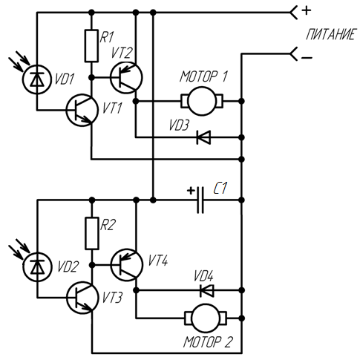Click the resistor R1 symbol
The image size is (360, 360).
(91, 45)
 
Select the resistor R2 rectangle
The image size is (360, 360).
(92, 233)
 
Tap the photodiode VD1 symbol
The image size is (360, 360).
(37, 79)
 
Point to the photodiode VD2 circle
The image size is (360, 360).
(37, 266)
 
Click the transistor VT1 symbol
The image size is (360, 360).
(82, 110)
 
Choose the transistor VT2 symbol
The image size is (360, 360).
(126, 78)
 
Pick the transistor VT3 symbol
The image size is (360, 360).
(82, 298)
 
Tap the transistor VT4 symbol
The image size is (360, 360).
(127, 265)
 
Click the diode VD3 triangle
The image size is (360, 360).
(203, 137)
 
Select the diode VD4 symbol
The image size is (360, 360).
(207, 290)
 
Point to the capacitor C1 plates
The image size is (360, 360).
(200, 200)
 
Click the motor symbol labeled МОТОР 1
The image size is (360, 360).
(202, 101)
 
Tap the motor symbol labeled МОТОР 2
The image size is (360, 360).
(206, 318)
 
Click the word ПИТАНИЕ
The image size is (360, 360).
(331, 34)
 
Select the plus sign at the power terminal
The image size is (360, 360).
(307, 10)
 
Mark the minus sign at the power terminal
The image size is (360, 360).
(307, 58)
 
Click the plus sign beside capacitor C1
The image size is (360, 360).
(191, 191)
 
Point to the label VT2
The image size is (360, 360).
(121, 53)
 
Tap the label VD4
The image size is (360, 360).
(203, 276)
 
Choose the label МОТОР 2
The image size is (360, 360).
(209, 342)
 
